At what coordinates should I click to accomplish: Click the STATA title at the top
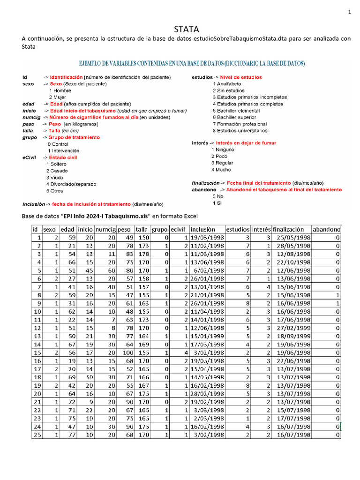(x=186, y=29)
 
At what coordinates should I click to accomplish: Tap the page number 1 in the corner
(x=349, y=12)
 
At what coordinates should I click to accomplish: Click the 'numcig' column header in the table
(x=105, y=230)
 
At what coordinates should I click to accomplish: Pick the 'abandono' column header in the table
(x=326, y=230)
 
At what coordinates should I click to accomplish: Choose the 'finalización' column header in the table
(x=291, y=230)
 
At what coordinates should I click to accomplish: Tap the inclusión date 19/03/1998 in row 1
(x=207, y=238)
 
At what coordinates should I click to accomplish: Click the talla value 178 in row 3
(x=142, y=254)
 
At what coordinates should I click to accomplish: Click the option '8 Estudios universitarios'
(x=240, y=131)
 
